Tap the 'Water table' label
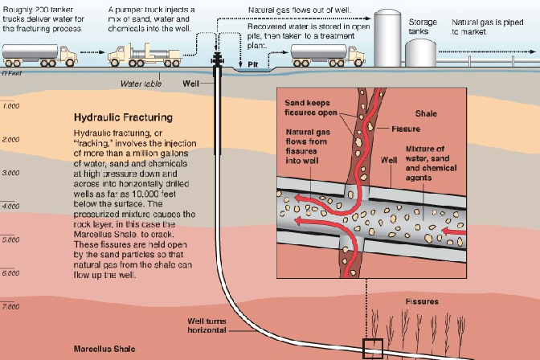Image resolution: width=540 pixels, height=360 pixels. (137, 82)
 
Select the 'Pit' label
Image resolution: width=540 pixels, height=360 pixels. (252, 63)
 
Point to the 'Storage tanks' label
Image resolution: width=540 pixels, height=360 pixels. (423, 27)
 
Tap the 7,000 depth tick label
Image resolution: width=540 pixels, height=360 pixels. (10, 307)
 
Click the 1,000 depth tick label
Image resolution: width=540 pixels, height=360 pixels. (10, 106)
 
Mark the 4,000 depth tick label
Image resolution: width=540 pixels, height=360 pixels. (10, 207)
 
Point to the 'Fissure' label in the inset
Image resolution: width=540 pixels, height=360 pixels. (406, 129)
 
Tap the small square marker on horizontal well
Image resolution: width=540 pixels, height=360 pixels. (374, 349)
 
